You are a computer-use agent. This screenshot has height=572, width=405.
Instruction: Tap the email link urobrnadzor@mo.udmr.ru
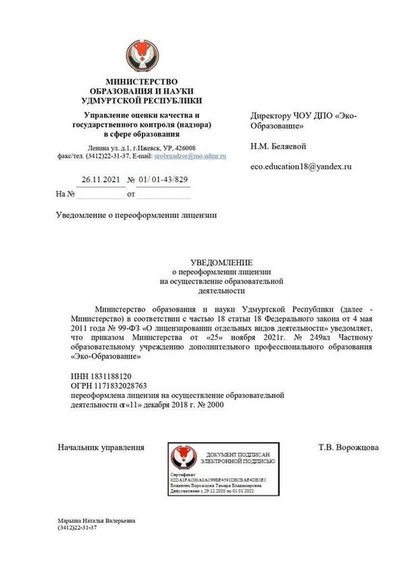pyautogui.click(x=190, y=154)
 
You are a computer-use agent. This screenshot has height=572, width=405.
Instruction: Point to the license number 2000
pyautogui.click(x=214, y=405)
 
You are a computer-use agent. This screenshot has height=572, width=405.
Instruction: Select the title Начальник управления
pyautogui.click(x=100, y=448)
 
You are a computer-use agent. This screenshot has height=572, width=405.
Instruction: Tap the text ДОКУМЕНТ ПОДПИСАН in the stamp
pyautogui.click(x=235, y=455)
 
